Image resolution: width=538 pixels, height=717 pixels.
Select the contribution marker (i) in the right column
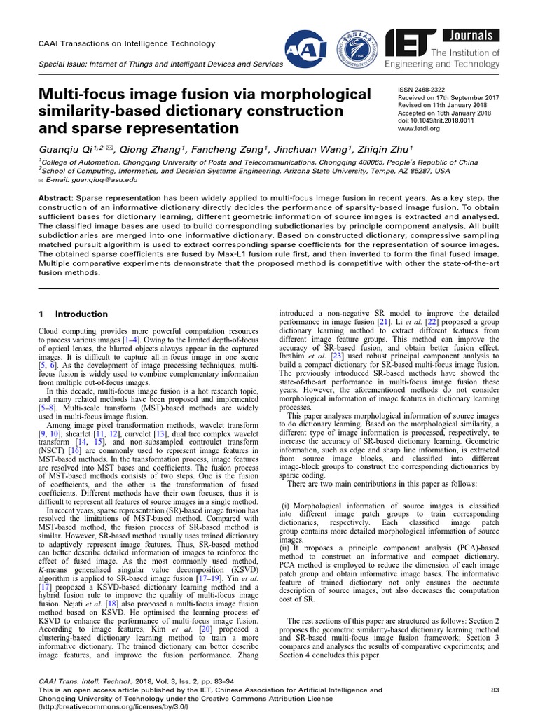tap(285, 505)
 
